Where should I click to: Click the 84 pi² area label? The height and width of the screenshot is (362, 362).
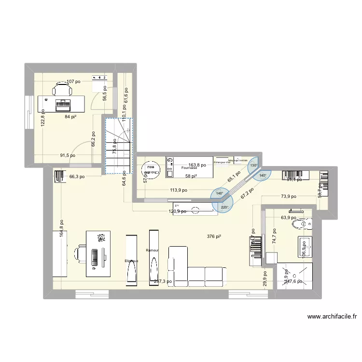70,117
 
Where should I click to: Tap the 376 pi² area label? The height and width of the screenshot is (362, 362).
214,237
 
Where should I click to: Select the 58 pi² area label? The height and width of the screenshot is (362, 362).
191,176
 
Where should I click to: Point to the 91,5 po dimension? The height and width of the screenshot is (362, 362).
67,155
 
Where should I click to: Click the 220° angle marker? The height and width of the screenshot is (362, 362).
225,208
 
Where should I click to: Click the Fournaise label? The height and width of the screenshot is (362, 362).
189,168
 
